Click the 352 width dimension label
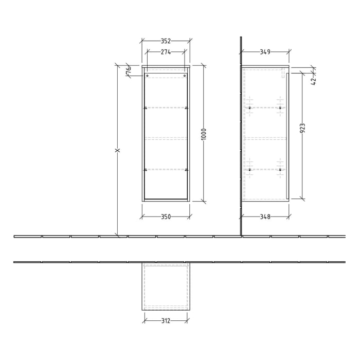point(166,41)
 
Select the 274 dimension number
point(166,52)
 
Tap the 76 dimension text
point(129,71)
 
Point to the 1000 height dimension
point(204,134)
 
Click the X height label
point(117,151)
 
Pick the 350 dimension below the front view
point(166,217)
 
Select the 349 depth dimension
point(265,52)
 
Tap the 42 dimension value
point(314,79)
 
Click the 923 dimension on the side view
point(302,129)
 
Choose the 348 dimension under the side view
point(265,217)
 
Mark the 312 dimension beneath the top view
point(166,321)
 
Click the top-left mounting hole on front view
point(148,76)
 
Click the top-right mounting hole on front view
point(185,76)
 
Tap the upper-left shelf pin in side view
point(250,108)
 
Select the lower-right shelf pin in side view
point(280,169)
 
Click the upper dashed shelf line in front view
point(166,108)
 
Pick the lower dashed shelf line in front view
point(166,169)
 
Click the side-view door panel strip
point(287,135)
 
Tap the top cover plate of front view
point(166,66)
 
